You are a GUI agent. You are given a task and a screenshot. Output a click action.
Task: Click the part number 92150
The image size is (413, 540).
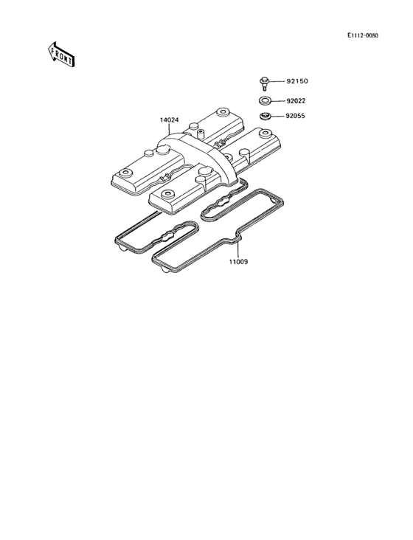coord(297,81)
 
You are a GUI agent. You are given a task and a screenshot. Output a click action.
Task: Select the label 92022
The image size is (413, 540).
coord(296,101)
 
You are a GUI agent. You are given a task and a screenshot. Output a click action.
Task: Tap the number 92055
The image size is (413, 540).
coord(295,116)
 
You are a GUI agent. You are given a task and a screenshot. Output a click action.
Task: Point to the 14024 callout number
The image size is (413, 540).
coord(170,120)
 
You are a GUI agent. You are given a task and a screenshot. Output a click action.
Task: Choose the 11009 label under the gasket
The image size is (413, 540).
coord(238,262)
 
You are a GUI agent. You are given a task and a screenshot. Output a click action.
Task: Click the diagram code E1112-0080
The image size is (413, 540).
coord(362,35)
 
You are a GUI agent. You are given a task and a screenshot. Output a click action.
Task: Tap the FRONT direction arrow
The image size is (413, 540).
coord(61,55)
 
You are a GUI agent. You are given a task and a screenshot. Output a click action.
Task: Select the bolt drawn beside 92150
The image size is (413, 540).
coord(264,83)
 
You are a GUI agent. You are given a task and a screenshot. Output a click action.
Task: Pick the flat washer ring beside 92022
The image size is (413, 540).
coord(265,101)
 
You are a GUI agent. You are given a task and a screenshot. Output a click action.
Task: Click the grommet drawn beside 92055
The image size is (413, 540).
coord(265,116)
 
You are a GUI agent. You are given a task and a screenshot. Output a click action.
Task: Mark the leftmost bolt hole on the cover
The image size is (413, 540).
coord(125,172)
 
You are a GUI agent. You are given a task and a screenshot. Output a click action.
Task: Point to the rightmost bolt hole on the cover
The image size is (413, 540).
coord(265,133)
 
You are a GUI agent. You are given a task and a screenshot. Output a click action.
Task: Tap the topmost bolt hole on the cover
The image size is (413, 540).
coord(222,111)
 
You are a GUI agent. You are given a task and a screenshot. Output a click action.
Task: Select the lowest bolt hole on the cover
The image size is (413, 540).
coord(167,193)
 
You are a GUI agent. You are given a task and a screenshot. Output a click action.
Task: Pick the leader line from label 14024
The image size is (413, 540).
coord(170,128)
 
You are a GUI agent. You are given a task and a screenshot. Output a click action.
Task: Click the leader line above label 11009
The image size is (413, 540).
coord(237,249)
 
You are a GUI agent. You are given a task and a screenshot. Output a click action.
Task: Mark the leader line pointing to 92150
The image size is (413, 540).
coord(277,81)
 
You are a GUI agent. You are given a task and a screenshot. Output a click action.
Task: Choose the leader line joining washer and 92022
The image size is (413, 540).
coord(277,101)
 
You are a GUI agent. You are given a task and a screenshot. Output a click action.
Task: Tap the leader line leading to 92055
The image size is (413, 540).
coord(277,116)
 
